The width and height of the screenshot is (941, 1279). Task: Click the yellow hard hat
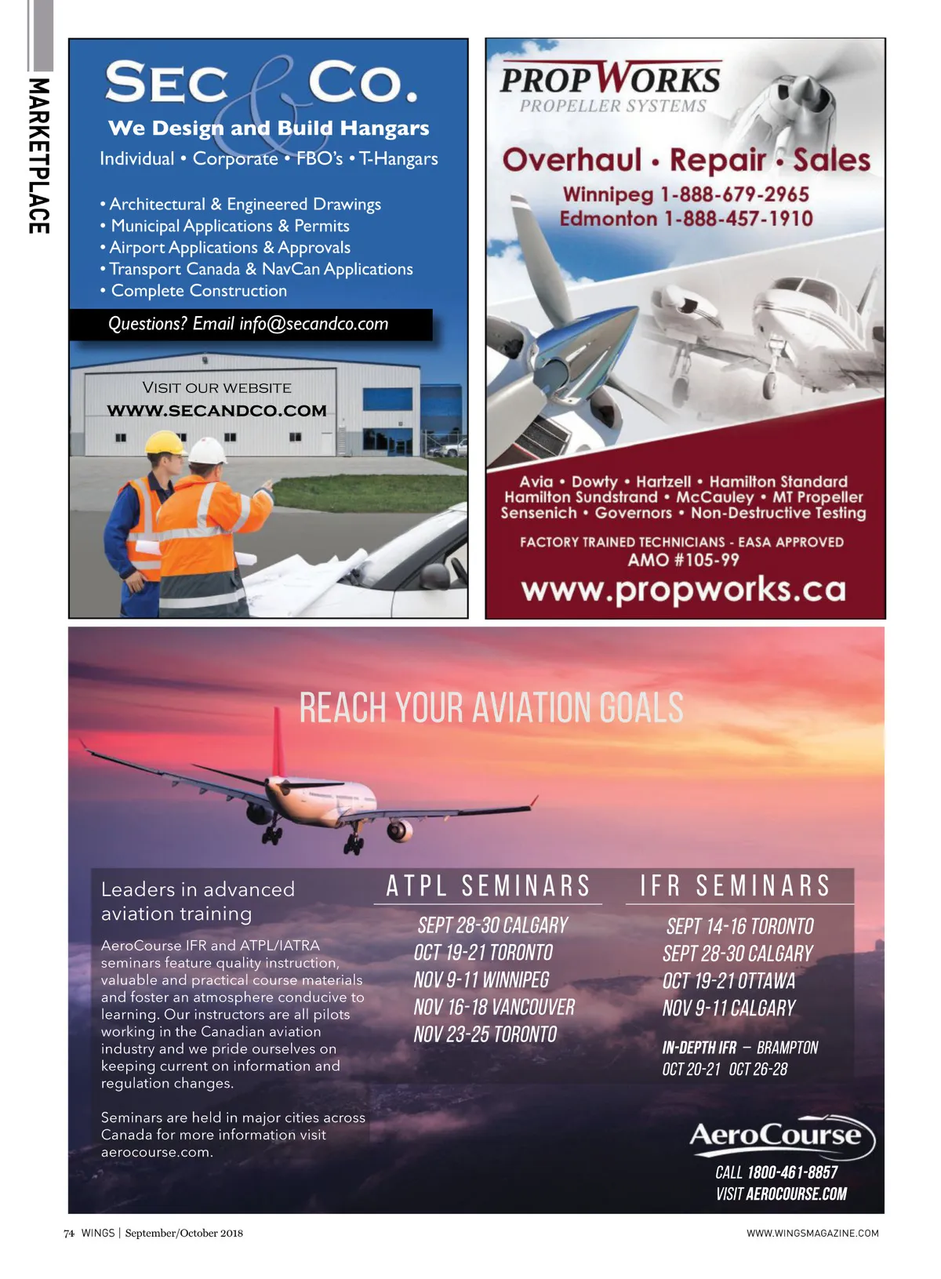pyautogui.click(x=165, y=443)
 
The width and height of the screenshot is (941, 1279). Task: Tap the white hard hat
pyautogui.click(x=208, y=452)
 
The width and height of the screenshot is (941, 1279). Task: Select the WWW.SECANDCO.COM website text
pyautogui.click(x=216, y=410)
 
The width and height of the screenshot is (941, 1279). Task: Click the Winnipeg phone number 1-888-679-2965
pyautogui.click(x=734, y=194)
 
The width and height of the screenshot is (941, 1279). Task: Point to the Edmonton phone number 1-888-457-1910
pyautogui.click(x=738, y=218)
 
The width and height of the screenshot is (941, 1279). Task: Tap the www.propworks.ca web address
pyautogui.click(x=684, y=590)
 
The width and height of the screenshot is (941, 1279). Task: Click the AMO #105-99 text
pyautogui.click(x=683, y=559)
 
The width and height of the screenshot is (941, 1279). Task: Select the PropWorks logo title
pyautogui.click(x=610, y=79)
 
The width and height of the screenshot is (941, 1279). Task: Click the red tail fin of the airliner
pyautogui.click(x=278, y=741)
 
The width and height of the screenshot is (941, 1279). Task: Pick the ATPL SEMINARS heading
pyautogui.click(x=488, y=886)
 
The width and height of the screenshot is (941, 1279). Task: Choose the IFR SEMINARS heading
pyautogui.click(x=735, y=886)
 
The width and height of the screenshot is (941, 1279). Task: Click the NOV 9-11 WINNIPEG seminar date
pyautogui.click(x=481, y=980)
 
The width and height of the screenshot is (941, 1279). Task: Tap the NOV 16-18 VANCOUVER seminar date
pyautogui.click(x=494, y=1007)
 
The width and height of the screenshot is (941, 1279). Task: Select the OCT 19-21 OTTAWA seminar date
pyautogui.click(x=728, y=981)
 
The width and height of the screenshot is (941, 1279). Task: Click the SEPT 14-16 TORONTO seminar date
pyautogui.click(x=739, y=927)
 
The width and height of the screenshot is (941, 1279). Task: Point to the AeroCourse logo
pyautogui.click(x=780, y=1137)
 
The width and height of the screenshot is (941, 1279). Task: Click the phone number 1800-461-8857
pyautogui.click(x=792, y=1172)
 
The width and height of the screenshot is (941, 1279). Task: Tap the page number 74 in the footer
pyautogui.click(x=69, y=1233)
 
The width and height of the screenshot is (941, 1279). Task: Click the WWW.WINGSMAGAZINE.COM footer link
pyautogui.click(x=812, y=1233)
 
